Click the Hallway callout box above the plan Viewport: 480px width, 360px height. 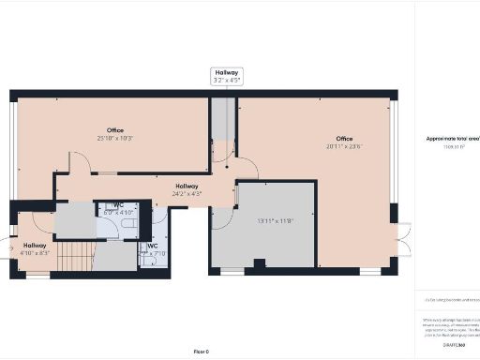[226, 76]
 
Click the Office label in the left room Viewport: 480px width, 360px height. [115, 130]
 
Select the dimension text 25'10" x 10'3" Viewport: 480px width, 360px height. [115, 138]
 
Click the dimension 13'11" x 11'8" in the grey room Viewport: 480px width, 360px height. [276, 220]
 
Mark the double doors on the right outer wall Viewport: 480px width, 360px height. [403, 240]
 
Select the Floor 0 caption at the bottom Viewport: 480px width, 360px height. [200, 351]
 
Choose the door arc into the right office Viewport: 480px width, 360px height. [247, 170]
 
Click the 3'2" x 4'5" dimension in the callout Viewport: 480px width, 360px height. [226, 81]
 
